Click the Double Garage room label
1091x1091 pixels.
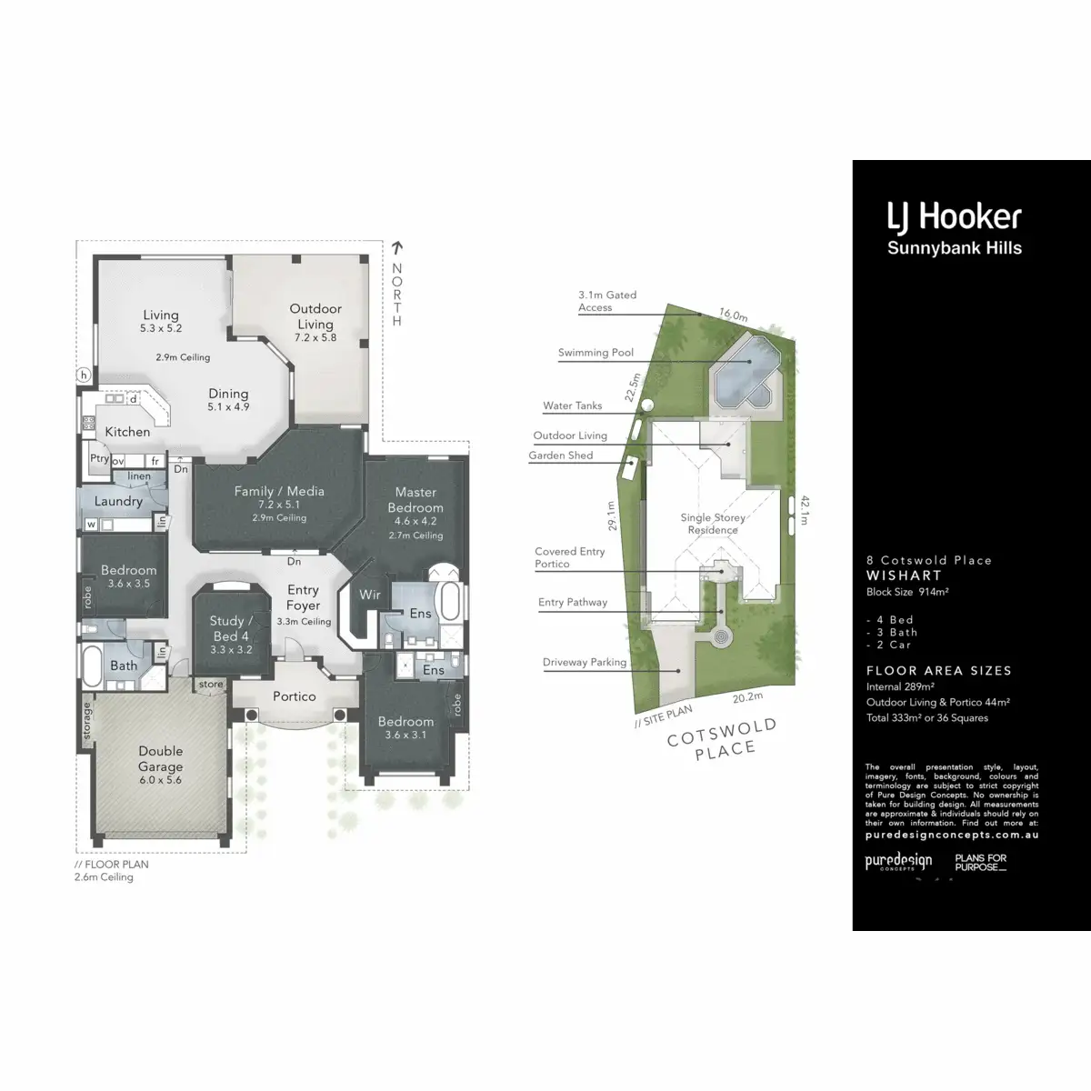point(161,759)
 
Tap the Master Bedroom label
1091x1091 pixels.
point(415,500)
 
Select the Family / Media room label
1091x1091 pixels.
point(279,491)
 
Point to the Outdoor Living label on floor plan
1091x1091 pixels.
point(315,316)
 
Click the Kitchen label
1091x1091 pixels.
point(127,432)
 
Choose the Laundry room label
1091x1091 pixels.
point(118,501)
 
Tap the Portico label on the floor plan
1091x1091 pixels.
point(295,696)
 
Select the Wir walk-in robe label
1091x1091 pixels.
point(370,595)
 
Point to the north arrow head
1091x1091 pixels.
point(396,246)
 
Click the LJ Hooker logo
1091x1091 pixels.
point(954,217)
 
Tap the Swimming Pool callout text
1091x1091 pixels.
point(596,353)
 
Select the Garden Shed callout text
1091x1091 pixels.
point(561,455)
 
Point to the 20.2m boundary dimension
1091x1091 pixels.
point(747,697)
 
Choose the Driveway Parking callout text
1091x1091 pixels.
point(585,662)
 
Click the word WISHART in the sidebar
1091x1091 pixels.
point(904,576)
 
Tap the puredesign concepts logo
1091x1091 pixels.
point(897,862)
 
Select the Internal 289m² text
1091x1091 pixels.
point(900,687)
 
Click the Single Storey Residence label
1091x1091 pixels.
point(713,524)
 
